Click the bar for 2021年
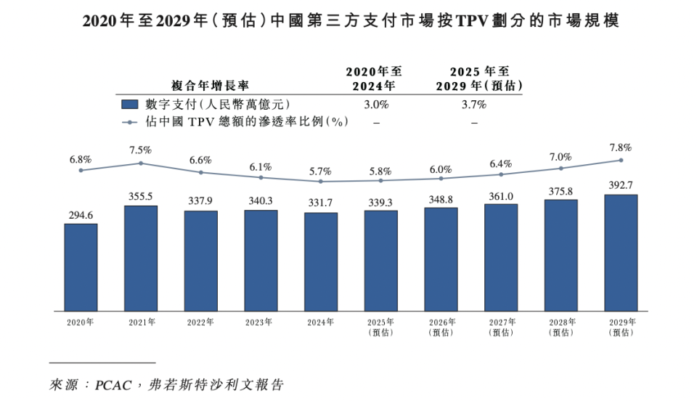pos(141,258)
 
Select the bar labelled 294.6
pos(81,267)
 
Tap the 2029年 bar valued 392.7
pos(621,252)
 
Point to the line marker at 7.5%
pos(141,163)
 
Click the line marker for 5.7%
pos(320,181)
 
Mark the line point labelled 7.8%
pos(621,160)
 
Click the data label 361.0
pos(501,195)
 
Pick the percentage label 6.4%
pos(501,163)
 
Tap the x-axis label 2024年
pos(320,322)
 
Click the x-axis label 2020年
pos(81,322)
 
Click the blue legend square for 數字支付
pos(130,105)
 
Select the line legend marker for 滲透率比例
pos(130,122)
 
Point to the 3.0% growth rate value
pos(376,105)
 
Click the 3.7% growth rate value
pos(473,105)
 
